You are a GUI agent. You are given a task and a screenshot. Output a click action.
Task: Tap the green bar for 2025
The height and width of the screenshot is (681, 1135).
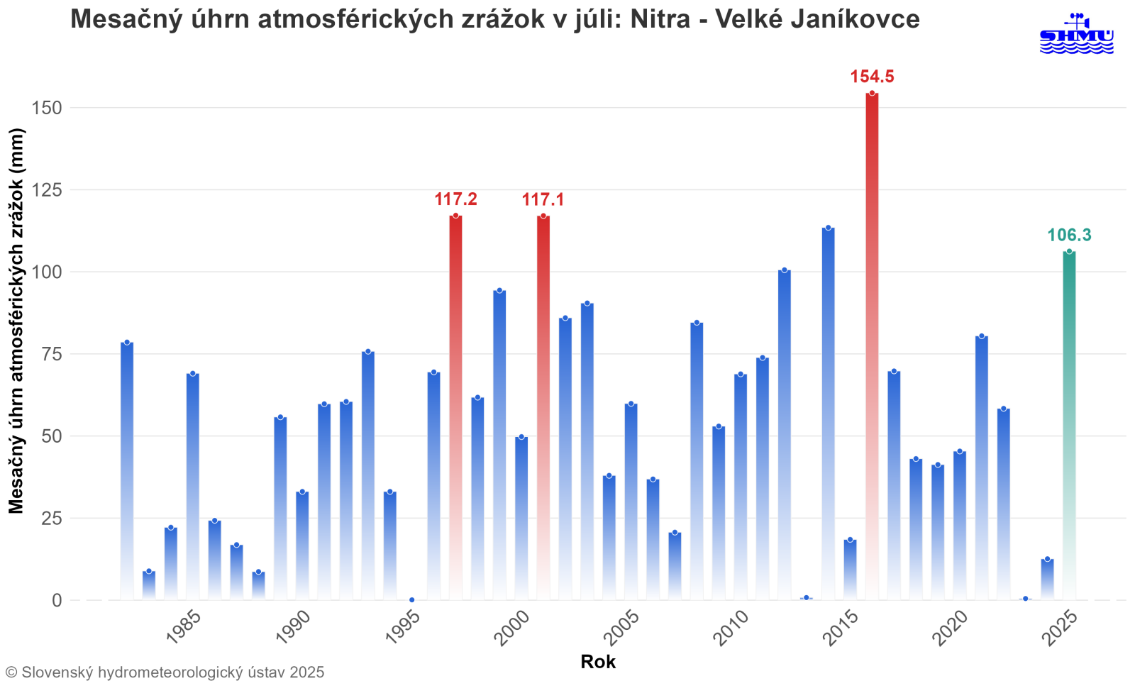[1069, 426]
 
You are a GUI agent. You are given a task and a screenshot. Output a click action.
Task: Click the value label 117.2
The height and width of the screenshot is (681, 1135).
[455, 200]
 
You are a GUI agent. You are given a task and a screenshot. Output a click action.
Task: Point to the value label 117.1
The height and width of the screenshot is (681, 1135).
[543, 200]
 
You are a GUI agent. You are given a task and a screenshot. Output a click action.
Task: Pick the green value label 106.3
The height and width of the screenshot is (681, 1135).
[1069, 236]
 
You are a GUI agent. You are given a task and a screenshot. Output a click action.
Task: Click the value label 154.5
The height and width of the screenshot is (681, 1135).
[872, 77]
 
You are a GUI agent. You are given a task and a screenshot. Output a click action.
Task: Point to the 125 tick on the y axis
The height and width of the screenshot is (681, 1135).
[48, 190]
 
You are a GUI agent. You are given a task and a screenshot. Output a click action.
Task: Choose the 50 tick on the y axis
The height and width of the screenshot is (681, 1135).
[52, 436]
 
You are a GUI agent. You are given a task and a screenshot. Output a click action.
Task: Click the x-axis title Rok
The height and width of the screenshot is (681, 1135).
[598, 662]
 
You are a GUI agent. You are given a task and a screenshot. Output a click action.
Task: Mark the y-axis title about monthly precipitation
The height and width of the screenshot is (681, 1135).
[16, 321]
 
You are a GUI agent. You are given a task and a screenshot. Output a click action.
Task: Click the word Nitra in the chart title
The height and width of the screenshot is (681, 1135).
[660, 19]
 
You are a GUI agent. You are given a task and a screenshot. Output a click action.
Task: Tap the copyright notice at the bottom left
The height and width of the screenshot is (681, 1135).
[165, 672]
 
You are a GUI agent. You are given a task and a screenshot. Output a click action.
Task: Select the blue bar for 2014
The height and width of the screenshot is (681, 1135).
[828, 411]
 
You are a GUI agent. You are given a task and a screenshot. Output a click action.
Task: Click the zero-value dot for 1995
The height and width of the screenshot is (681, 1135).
[411, 599]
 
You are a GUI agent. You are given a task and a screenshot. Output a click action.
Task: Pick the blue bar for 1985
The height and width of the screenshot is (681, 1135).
[192, 486]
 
